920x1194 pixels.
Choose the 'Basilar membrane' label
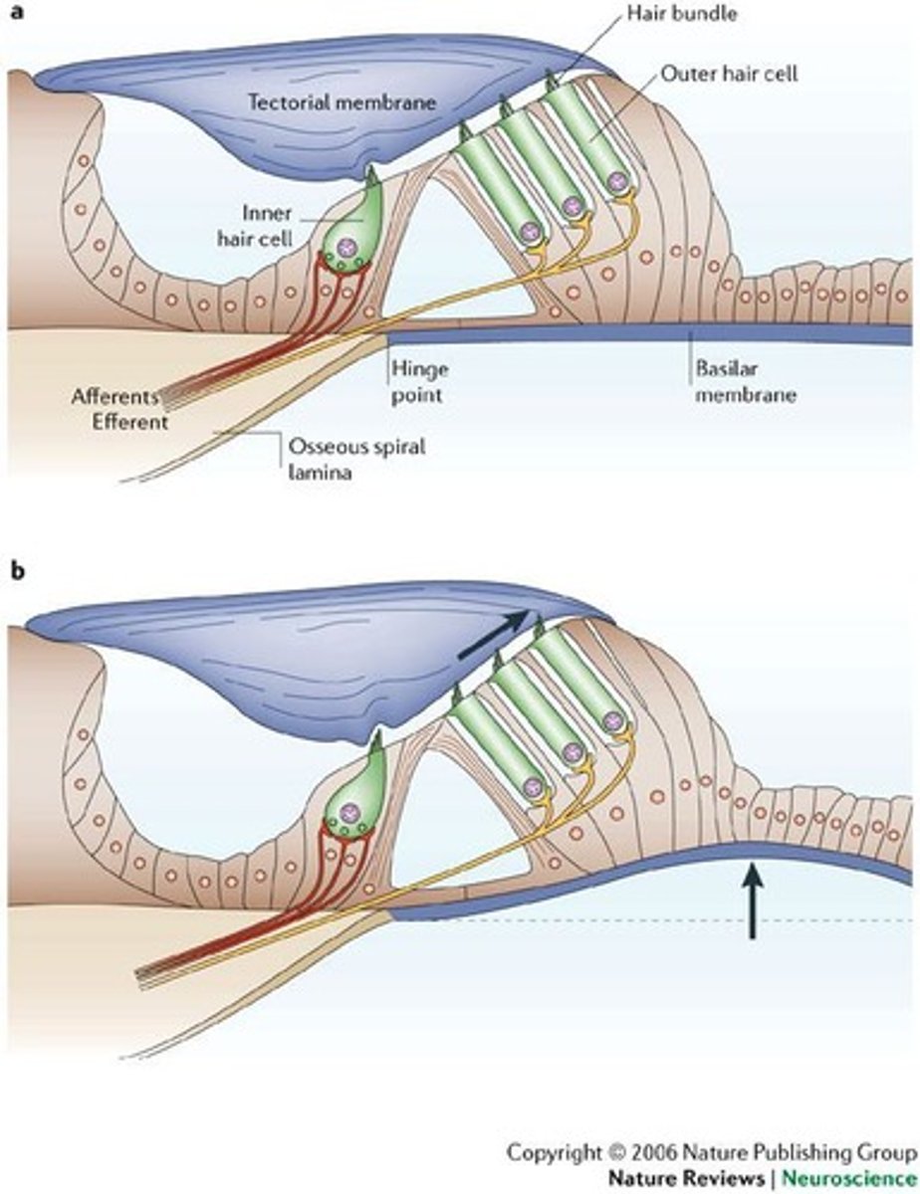pyautogui.click(x=731, y=381)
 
